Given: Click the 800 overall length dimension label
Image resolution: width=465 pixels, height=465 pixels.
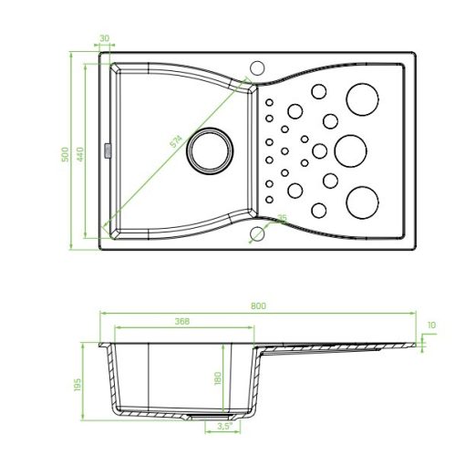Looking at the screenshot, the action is tap(258, 305).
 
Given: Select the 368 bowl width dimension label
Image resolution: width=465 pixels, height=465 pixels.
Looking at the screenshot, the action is tap(182, 321).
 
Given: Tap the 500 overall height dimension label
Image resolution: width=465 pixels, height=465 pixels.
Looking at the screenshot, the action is tap(65, 154).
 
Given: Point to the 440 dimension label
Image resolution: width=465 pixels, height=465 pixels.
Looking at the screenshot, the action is tap(80, 154).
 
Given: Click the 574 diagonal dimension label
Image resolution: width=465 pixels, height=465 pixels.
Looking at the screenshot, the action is tap(176, 140).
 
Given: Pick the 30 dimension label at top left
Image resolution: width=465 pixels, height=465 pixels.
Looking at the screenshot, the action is tap(105, 38).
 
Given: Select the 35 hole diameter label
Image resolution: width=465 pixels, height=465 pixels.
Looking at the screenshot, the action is tap(283, 218).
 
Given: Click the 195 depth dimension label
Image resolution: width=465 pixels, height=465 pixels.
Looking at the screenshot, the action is tap(77, 385).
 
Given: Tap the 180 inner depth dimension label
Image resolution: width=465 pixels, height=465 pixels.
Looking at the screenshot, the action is tap(218, 378).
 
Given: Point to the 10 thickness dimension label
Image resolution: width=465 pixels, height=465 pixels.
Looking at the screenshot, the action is tap(431, 325).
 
